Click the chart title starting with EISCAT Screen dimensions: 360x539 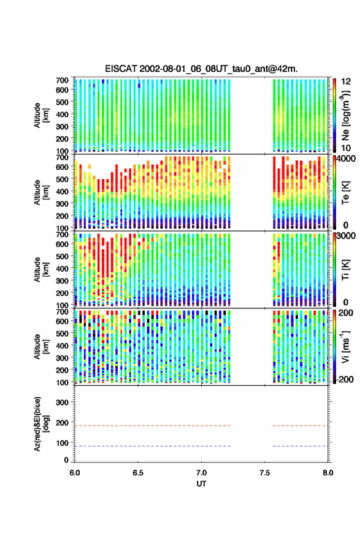[201, 69]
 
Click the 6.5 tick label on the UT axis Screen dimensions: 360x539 [138, 473]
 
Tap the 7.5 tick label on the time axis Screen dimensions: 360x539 [265, 473]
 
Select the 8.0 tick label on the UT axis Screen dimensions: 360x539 [328, 473]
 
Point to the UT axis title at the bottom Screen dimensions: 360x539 [201, 484]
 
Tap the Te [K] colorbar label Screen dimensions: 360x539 [345, 193]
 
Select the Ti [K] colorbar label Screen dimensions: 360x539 [345, 270]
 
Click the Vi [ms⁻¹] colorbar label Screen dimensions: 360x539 [346, 346]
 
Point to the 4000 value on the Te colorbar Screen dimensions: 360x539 [345, 159]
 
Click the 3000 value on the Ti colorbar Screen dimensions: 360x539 [345, 236]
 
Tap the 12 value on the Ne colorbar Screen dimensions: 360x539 [346, 82]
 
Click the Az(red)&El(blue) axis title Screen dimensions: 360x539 [41, 424]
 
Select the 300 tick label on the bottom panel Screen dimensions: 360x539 [62, 402]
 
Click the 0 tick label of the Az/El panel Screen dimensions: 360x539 [66, 460]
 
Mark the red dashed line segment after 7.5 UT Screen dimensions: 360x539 [299, 426]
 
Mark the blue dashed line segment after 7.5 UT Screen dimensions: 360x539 [299, 446]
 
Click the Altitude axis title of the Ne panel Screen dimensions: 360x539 [41, 115]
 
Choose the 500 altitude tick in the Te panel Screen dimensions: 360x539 [62, 179]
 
